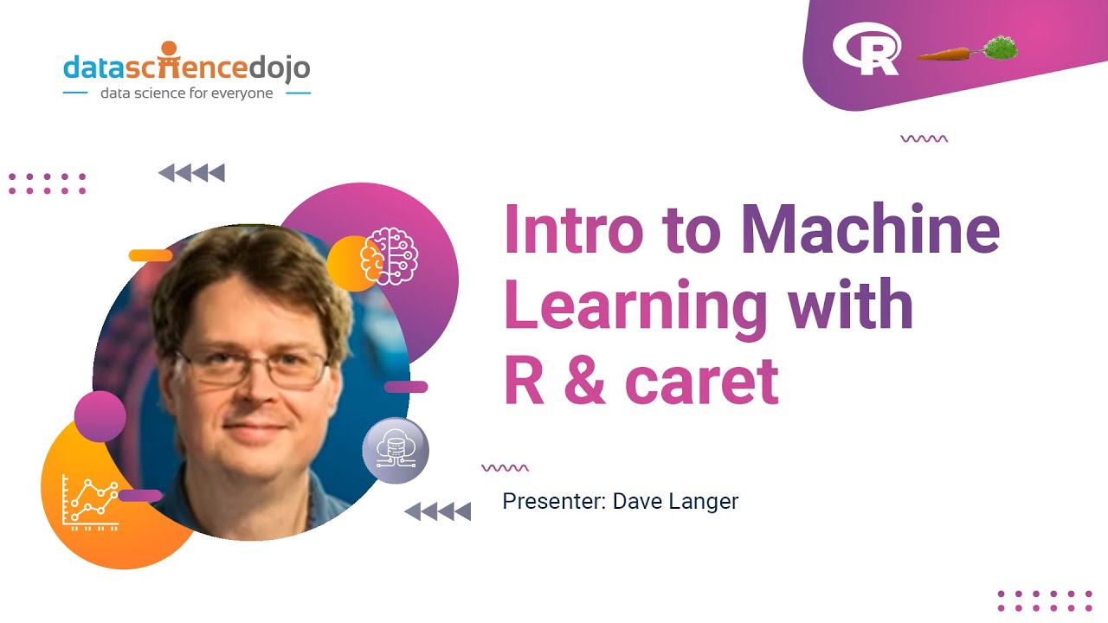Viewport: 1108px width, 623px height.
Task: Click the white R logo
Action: click(x=866, y=48)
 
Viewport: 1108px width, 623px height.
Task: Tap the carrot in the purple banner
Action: click(x=967, y=49)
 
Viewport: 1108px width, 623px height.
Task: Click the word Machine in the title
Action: click(x=870, y=229)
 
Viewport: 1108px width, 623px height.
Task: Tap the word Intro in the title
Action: click(x=574, y=229)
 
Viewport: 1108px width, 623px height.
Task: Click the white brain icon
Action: click(x=390, y=256)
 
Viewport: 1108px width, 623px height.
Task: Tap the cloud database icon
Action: click(x=396, y=449)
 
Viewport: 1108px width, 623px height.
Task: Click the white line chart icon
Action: click(x=91, y=502)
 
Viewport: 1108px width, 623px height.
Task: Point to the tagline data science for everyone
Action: click(x=186, y=93)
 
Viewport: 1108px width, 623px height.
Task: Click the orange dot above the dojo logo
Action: click(x=169, y=48)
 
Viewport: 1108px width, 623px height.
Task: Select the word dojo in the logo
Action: click(x=279, y=67)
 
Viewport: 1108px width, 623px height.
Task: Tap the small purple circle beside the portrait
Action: click(x=100, y=416)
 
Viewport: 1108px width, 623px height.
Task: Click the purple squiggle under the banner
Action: click(x=924, y=138)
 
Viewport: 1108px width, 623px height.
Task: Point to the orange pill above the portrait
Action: click(x=151, y=255)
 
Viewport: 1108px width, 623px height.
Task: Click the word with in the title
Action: click(x=850, y=304)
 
